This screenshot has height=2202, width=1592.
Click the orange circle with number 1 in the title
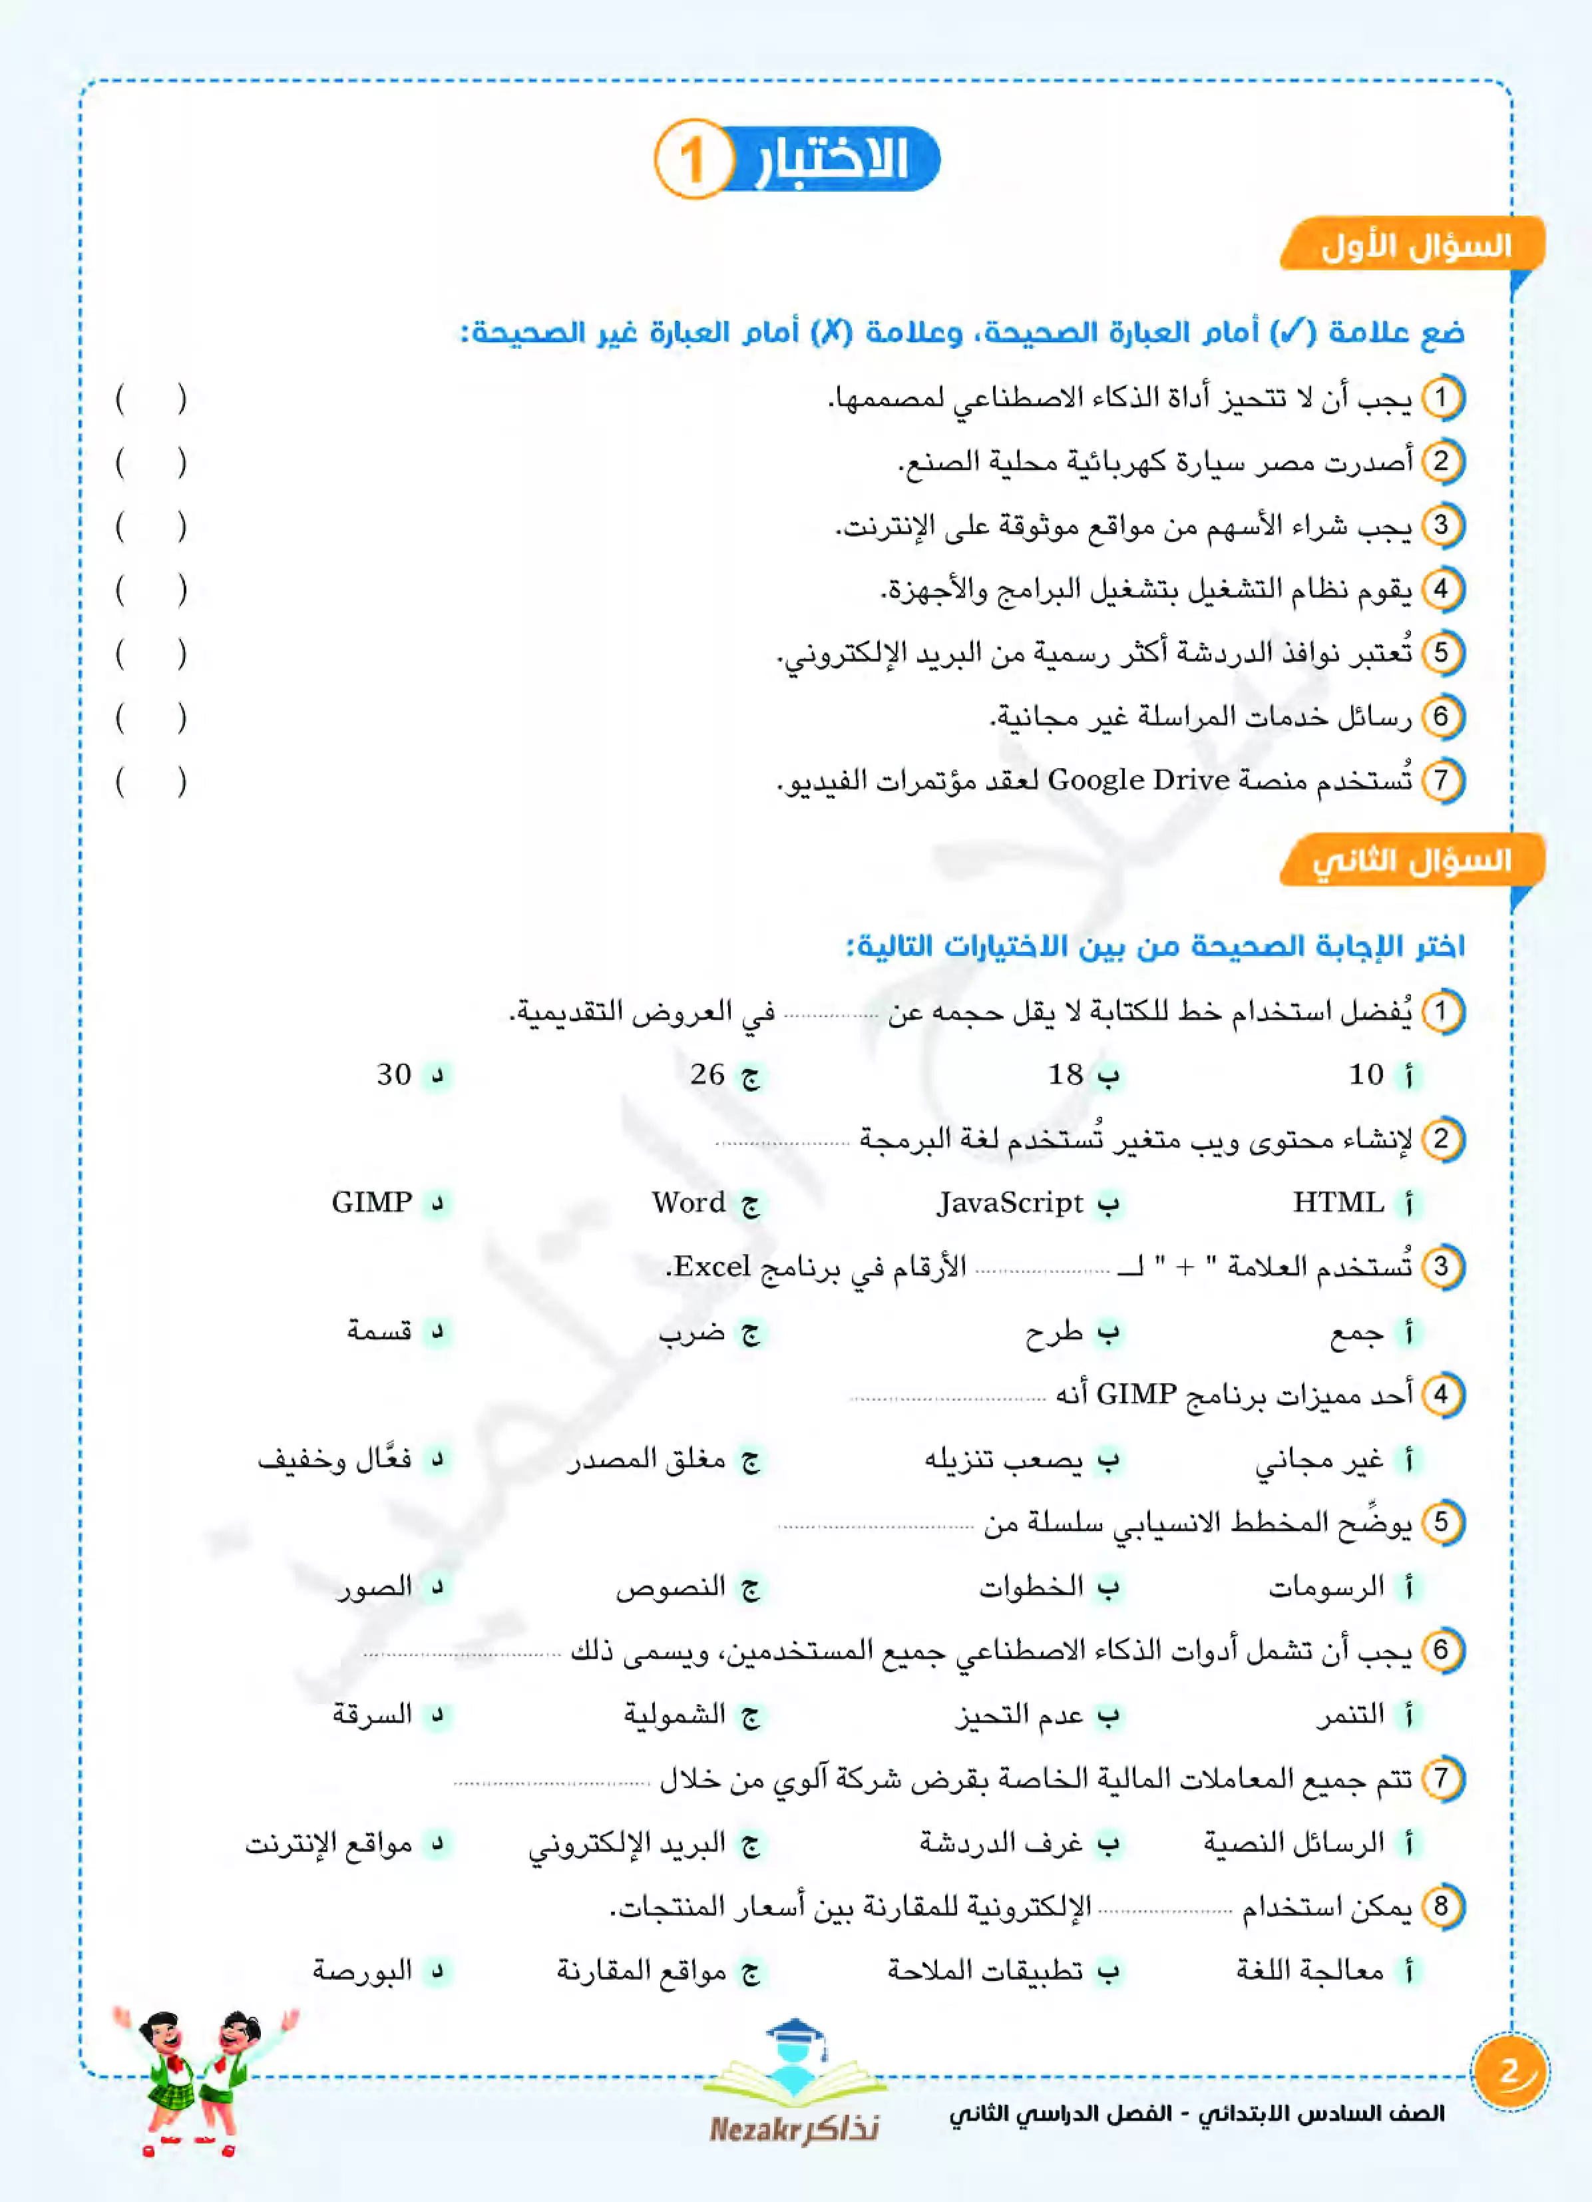[691, 159]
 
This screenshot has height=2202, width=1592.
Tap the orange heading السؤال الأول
[1414, 246]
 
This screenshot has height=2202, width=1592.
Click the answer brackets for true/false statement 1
[150, 399]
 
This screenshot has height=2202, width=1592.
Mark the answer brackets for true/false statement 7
[150, 781]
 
